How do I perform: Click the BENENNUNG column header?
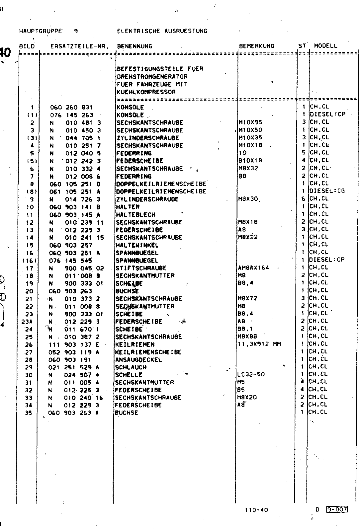[135, 46]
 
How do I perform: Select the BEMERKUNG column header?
[257, 46]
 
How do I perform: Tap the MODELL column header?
[325, 46]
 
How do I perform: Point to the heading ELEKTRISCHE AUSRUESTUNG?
[162, 31]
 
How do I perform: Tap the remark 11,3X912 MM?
[259, 344]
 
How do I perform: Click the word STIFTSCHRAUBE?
[141, 268]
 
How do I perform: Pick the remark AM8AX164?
[254, 267]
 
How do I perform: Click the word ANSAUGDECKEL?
[138, 360]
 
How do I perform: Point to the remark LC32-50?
[251, 374]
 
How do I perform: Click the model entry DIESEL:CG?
[327, 191]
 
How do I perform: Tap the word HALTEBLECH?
[135, 215]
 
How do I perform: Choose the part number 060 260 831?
[71, 108]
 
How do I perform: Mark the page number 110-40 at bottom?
[256, 510]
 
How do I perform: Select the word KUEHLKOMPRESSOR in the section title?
[146, 92]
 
